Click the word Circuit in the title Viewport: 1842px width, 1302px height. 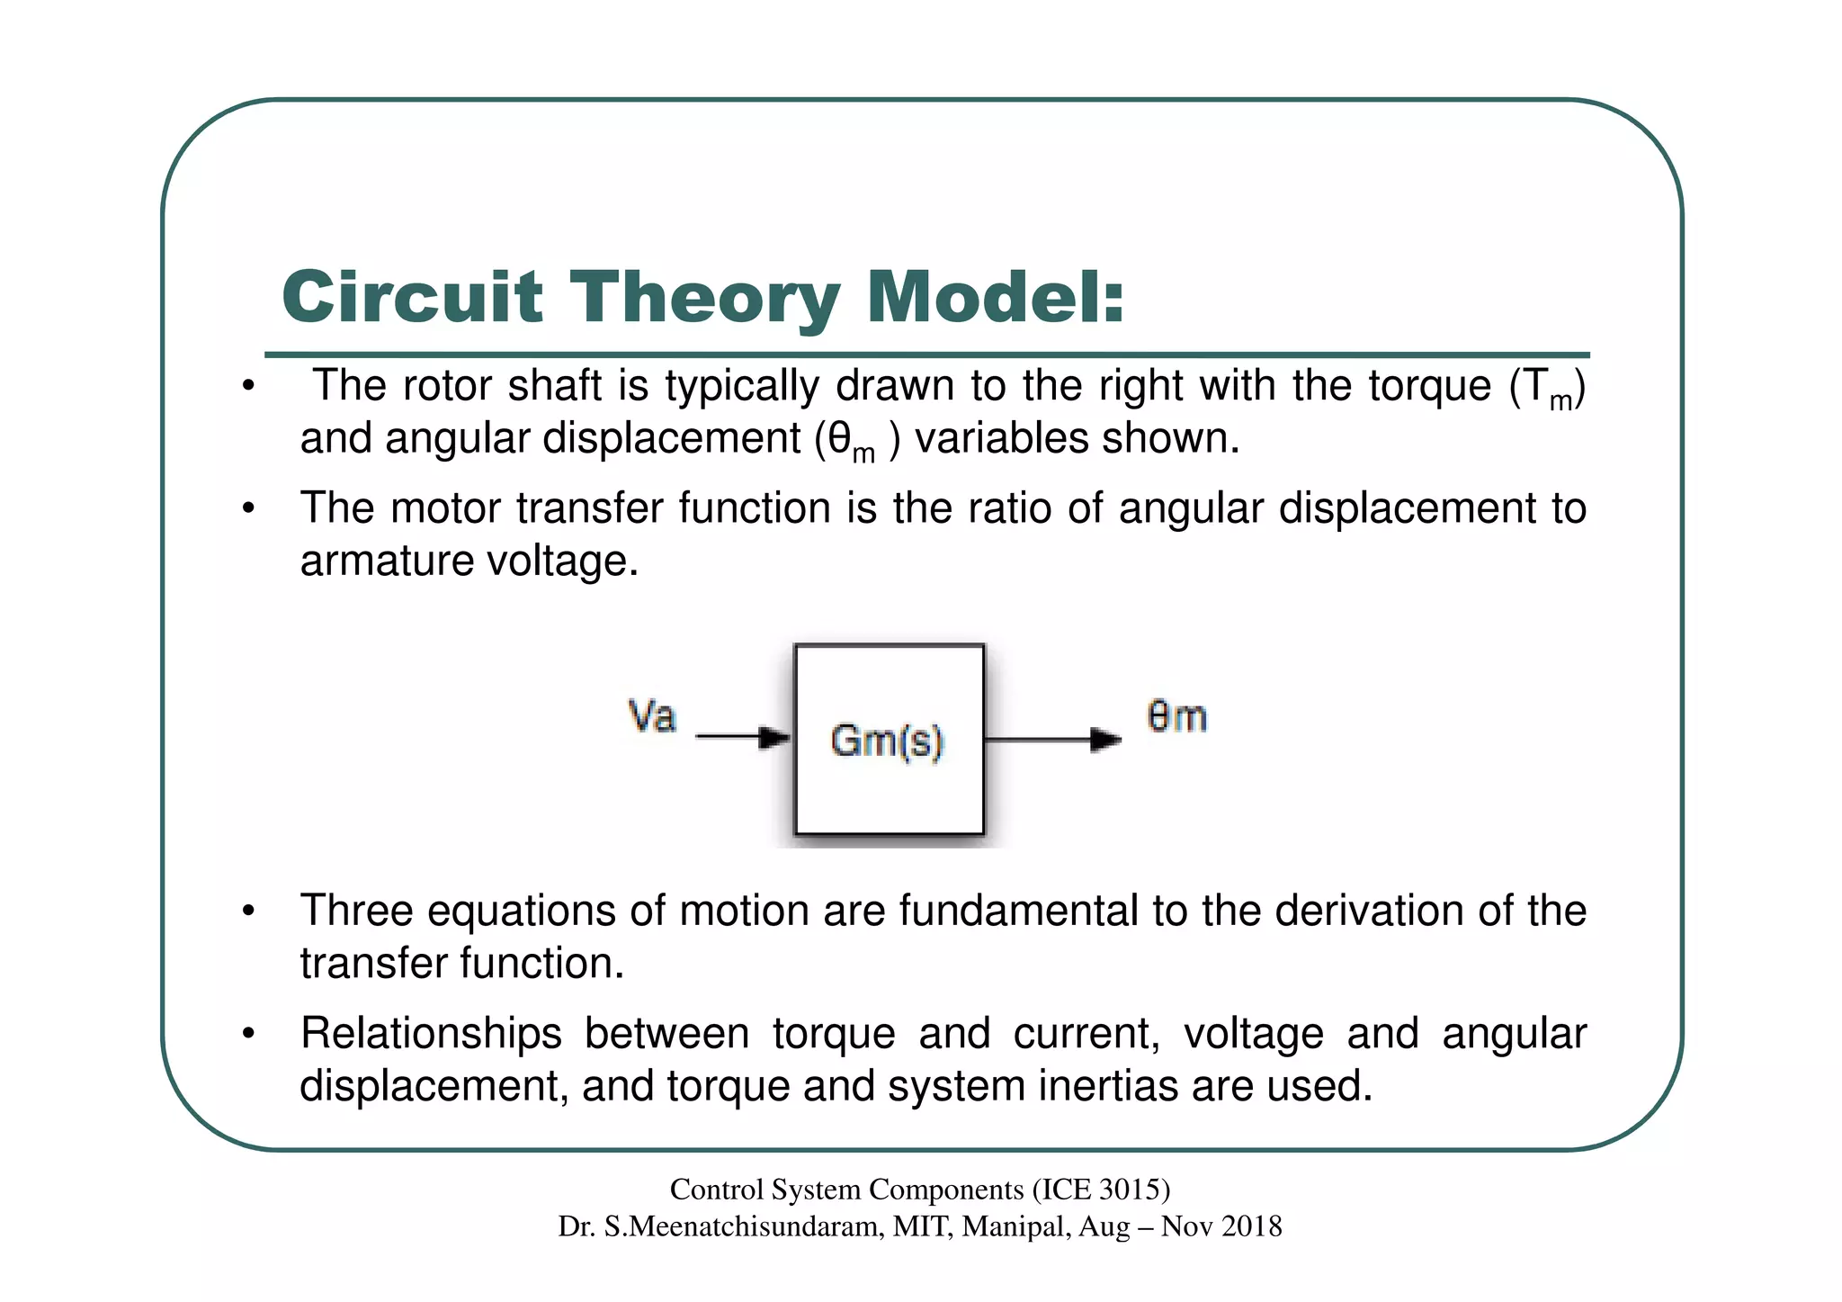click(412, 297)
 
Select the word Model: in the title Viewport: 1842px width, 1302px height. click(995, 297)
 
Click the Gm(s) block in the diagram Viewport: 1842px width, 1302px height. click(889, 740)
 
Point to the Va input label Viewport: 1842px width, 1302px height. click(652, 717)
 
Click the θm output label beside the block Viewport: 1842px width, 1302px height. click(1176, 717)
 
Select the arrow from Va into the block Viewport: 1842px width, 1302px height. click(742, 738)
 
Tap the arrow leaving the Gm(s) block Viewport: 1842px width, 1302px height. click(1053, 740)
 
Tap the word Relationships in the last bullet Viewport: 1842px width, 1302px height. click(431, 1033)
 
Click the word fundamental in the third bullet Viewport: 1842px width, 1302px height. click(1018, 911)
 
